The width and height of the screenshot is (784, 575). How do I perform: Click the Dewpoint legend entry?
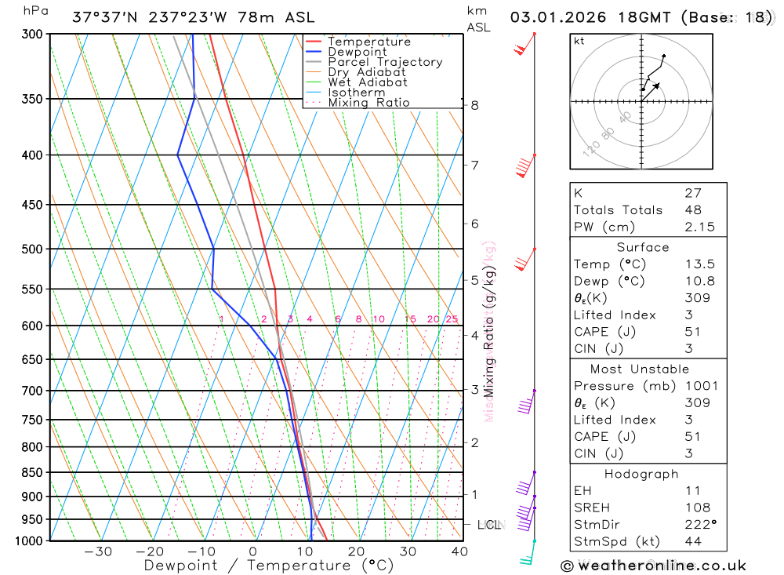click(357, 52)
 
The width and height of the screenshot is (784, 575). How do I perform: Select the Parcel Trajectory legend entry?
click(385, 62)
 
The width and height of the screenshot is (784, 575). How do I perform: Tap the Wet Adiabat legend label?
click(368, 82)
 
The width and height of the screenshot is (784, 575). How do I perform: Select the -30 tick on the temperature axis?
click(98, 551)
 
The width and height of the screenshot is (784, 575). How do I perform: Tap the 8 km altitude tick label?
click(475, 105)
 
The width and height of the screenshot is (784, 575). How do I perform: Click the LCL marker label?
click(489, 524)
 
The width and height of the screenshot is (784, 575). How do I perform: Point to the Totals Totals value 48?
click(693, 210)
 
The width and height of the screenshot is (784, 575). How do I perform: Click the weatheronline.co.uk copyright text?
click(653, 565)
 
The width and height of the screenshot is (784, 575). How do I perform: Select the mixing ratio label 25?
click(452, 319)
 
